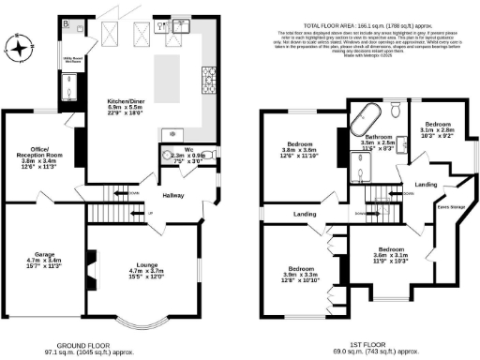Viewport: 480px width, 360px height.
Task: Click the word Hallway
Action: click(172, 196)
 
